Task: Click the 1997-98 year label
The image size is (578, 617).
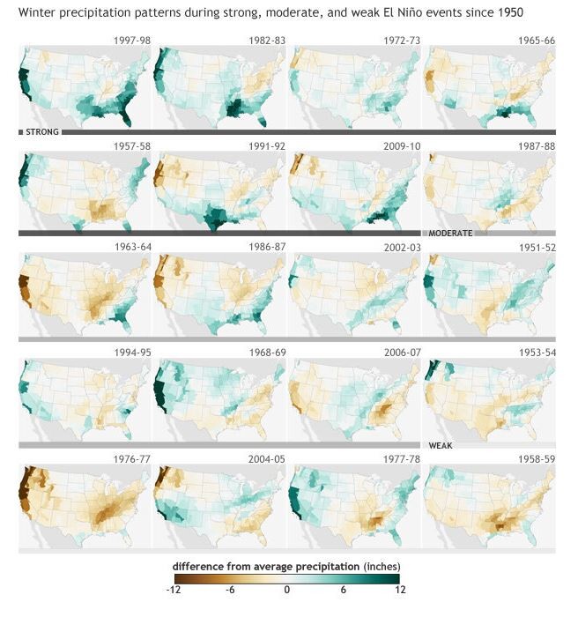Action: (x=132, y=41)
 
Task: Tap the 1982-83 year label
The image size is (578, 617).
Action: (x=267, y=41)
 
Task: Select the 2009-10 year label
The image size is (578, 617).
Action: (x=402, y=146)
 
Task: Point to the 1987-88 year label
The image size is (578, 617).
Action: (x=537, y=146)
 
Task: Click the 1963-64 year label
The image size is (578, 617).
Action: (x=133, y=247)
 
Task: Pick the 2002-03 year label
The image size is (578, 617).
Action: (x=403, y=248)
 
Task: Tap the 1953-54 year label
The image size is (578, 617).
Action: (x=537, y=353)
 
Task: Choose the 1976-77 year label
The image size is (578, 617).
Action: (x=132, y=459)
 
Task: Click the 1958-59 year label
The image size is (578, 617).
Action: (x=537, y=459)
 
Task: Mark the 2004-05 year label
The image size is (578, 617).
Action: (x=267, y=459)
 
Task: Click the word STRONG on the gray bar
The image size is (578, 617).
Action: (x=42, y=132)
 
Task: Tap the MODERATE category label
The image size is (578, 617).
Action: (x=450, y=234)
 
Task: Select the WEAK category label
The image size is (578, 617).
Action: (x=441, y=445)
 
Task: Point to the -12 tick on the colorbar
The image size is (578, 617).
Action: (x=174, y=590)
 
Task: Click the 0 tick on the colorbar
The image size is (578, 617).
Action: (x=287, y=590)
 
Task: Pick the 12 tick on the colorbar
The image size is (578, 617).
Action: (x=400, y=590)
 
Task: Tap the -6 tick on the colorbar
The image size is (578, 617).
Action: (x=230, y=590)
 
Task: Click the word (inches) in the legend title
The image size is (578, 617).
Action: (x=382, y=567)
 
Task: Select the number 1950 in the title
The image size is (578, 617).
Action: (x=510, y=12)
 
